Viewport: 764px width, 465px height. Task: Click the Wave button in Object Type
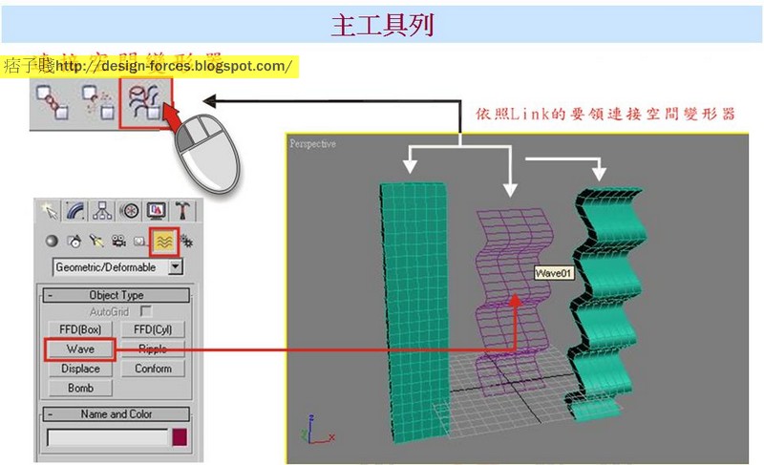(x=80, y=349)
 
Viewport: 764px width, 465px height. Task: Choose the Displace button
(x=80, y=369)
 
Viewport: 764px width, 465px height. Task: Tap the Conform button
(x=153, y=369)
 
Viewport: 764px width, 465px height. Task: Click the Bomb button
(x=80, y=389)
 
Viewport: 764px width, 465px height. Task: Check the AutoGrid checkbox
(x=146, y=311)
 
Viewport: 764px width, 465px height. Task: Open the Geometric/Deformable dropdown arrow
(x=175, y=267)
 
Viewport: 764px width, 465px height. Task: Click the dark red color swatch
(x=179, y=438)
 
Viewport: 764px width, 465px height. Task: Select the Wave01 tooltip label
(x=553, y=273)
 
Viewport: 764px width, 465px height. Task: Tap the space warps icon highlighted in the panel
(x=163, y=241)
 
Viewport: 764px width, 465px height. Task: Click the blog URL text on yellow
(x=174, y=66)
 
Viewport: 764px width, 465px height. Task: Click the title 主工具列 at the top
(x=382, y=25)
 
